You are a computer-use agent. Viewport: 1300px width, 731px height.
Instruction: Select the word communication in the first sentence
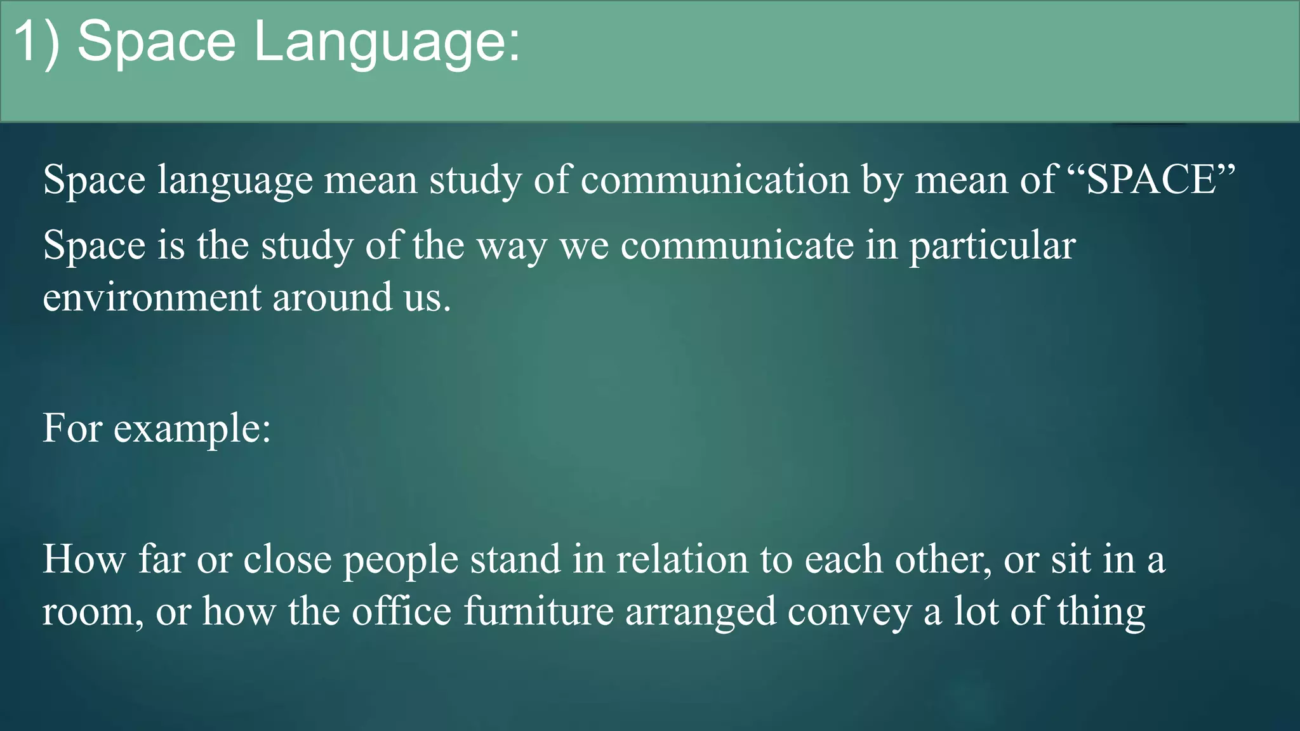pos(715,180)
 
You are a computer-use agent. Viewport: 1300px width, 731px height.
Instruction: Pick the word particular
pos(992,246)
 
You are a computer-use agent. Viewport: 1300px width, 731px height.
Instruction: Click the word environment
pos(152,298)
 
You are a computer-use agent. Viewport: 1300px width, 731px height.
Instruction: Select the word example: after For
pos(192,428)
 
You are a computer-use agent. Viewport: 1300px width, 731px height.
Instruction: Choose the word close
pos(288,560)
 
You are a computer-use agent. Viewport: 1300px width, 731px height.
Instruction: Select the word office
pos(401,612)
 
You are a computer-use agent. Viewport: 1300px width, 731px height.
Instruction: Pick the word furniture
pos(538,612)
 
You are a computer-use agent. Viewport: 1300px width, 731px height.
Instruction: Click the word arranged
pos(700,613)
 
